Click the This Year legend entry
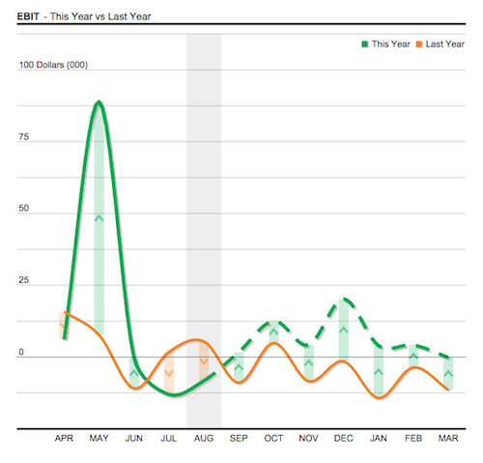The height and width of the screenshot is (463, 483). pos(387,43)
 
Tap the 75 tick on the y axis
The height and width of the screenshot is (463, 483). pos(23,137)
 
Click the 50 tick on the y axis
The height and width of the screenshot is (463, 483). pos(23,209)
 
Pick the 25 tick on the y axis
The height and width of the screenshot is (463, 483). pos(23,281)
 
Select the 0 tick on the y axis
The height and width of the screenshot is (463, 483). pos(20,353)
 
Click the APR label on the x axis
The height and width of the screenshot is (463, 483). pos(64,439)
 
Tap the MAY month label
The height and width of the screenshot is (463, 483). pos(99,439)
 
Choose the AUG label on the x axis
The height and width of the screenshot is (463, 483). pos(204,439)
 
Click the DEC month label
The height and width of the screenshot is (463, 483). pos(343,439)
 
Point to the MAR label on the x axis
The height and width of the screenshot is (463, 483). pos(448,439)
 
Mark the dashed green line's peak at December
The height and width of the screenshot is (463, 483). pos(345,300)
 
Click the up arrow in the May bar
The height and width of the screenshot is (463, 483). pos(99,217)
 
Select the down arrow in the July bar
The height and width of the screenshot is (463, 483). pos(169,373)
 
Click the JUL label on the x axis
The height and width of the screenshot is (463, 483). pos(169,439)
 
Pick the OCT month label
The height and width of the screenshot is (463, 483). pos(273,439)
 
